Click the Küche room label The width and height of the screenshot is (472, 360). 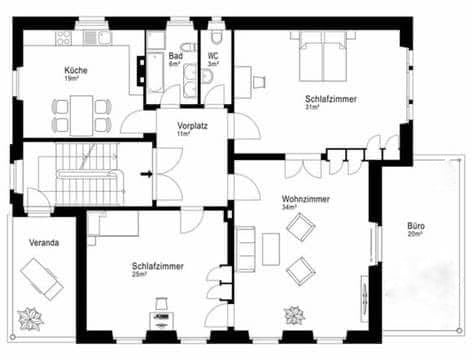75,70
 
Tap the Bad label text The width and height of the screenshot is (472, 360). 176,56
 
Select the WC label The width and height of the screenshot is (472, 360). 213,56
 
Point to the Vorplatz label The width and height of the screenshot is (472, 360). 191,125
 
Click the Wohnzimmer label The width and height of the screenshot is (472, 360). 306,199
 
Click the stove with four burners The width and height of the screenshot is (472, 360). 65,38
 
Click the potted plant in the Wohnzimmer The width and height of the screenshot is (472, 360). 295,316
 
